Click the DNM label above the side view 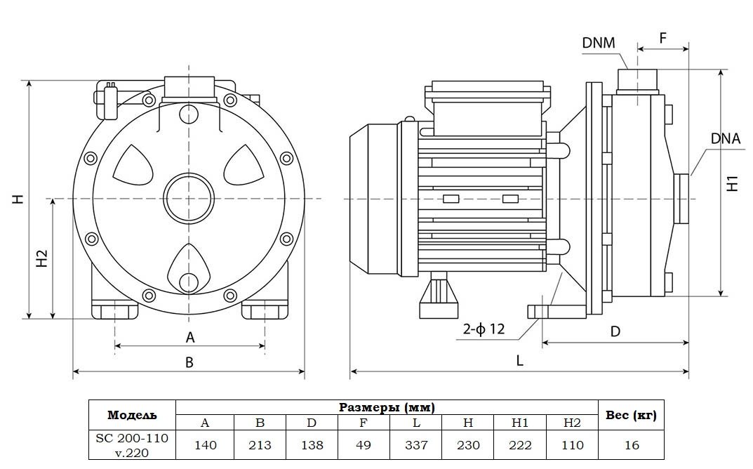click(599, 44)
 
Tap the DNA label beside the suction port click(725, 138)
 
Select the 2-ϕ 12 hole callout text click(484, 329)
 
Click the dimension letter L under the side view click(520, 360)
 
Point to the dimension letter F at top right click(663, 38)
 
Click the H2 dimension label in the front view click(42, 258)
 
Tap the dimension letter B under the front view click(189, 363)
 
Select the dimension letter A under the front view click(189, 338)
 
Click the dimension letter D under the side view click(615, 331)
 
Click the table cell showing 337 click(416, 445)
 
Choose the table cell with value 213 click(260, 445)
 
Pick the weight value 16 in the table click(630, 445)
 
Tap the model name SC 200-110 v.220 click(132, 445)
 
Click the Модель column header click(132, 415)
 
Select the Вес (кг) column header click(630, 415)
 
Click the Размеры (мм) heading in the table click(387, 407)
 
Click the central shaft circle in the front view click(188, 199)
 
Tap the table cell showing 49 click(364, 445)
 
